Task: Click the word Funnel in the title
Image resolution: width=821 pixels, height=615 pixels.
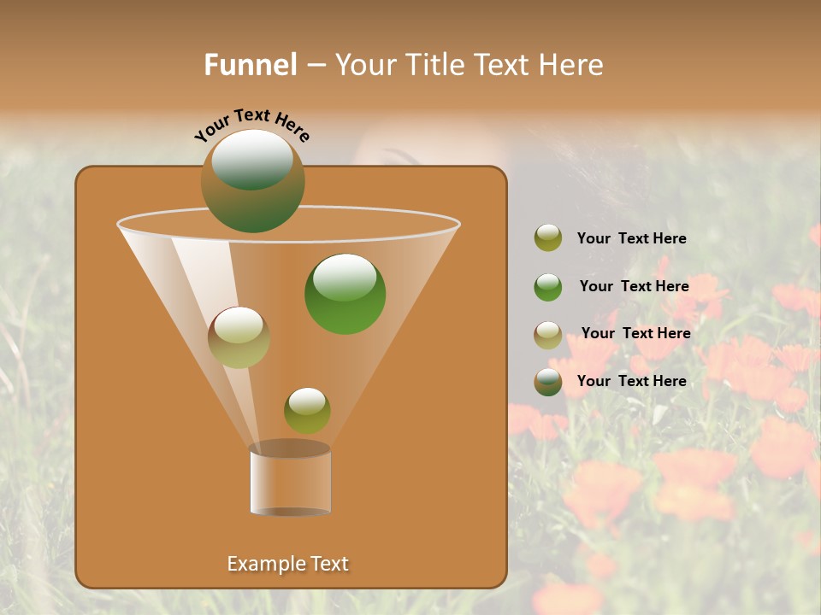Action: point(251,65)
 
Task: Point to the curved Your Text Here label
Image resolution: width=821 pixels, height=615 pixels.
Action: point(251,125)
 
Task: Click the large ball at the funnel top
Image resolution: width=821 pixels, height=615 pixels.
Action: point(253,181)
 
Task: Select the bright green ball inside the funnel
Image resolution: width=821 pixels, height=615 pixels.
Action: point(345,294)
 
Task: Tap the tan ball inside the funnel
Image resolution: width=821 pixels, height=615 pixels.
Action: point(239,337)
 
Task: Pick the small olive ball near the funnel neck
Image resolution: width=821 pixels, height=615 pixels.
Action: point(307,410)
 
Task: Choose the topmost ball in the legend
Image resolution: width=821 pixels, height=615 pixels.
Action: point(548,238)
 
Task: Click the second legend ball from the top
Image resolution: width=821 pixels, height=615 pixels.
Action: point(548,287)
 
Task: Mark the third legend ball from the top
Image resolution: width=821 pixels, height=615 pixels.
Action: point(548,334)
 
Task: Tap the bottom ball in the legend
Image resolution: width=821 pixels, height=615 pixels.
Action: point(548,382)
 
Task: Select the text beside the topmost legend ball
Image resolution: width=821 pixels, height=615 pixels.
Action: point(631,238)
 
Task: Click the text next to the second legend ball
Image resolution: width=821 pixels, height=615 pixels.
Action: point(634,286)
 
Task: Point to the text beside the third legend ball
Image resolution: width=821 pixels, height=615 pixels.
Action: point(635,333)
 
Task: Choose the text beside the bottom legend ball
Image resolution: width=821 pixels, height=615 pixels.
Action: point(631,381)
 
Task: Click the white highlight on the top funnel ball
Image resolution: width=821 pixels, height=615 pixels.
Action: point(252,159)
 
